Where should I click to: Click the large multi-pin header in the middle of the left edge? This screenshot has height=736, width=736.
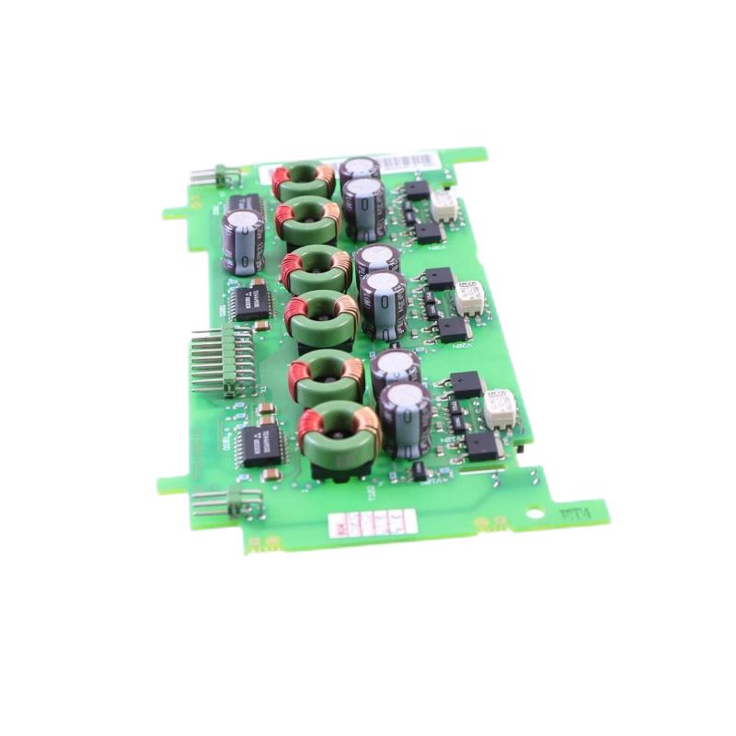[x=225, y=359]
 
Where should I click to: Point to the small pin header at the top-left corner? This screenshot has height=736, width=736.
[x=216, y=175]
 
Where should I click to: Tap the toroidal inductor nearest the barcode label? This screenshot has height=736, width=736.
[x=304, y=179]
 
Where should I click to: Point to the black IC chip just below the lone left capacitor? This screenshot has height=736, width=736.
[x=251, y=301]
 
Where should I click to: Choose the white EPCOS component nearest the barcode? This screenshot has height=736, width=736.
[x=445, y=204]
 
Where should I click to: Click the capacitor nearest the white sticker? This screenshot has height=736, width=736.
[x=405, y=419]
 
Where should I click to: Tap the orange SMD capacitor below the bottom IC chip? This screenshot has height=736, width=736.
[x=271, y=475]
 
